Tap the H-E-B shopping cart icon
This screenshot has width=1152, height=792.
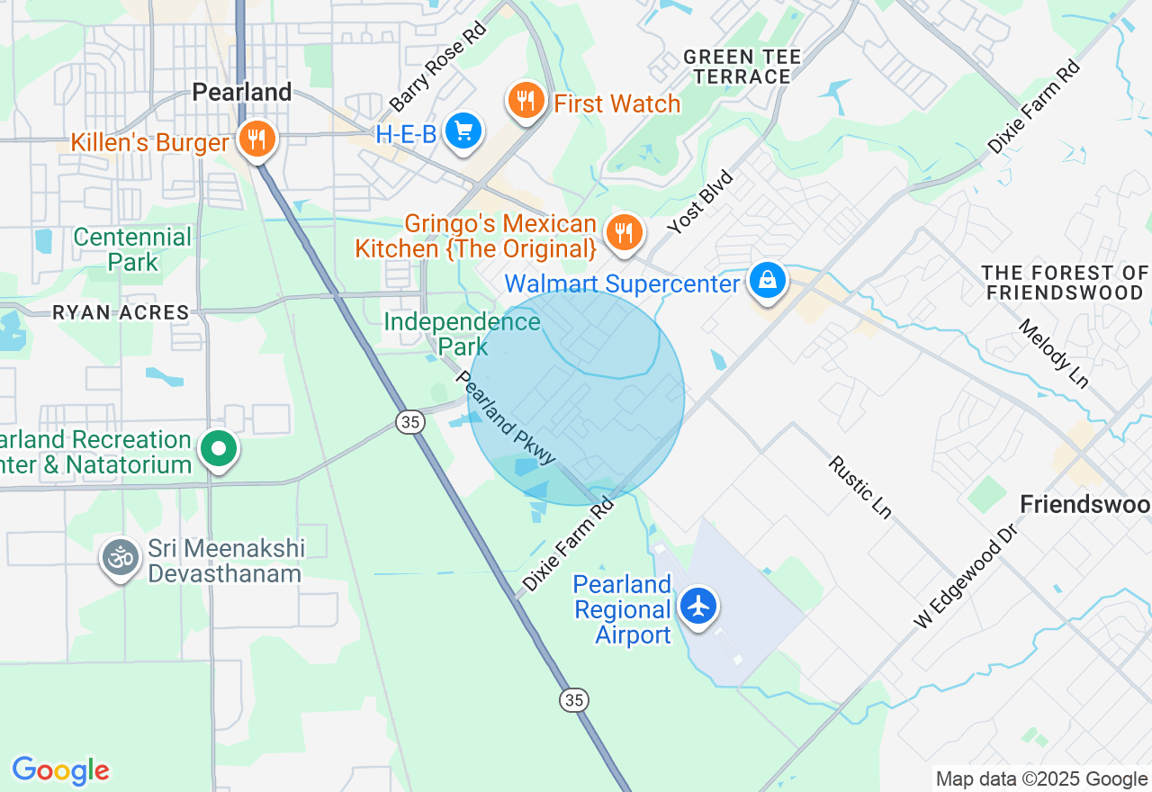pos(463,132)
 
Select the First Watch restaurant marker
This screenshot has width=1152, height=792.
pos(526,101)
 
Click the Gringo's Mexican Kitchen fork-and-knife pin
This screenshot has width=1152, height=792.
pos(623,233)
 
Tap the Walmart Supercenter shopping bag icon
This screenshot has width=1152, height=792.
pos(767,282)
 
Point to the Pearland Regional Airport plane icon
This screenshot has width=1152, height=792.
pos(698,606)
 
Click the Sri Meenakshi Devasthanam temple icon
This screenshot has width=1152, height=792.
pos(121,558)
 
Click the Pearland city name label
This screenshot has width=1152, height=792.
pos(242,92)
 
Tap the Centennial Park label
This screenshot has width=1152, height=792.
pos(133,249)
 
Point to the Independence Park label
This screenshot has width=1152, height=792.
pos(463,333)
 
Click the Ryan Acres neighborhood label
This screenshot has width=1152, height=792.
pos(121,312)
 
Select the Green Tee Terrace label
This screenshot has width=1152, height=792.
pos(742,67)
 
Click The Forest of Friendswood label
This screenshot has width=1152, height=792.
pos(1066,282)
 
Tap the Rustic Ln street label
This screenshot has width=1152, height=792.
pos(860,486)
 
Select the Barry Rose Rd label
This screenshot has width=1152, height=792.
pos(438,67)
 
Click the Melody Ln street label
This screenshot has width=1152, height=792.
pos(1054,353)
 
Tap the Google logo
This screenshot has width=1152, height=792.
pos(60,770)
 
